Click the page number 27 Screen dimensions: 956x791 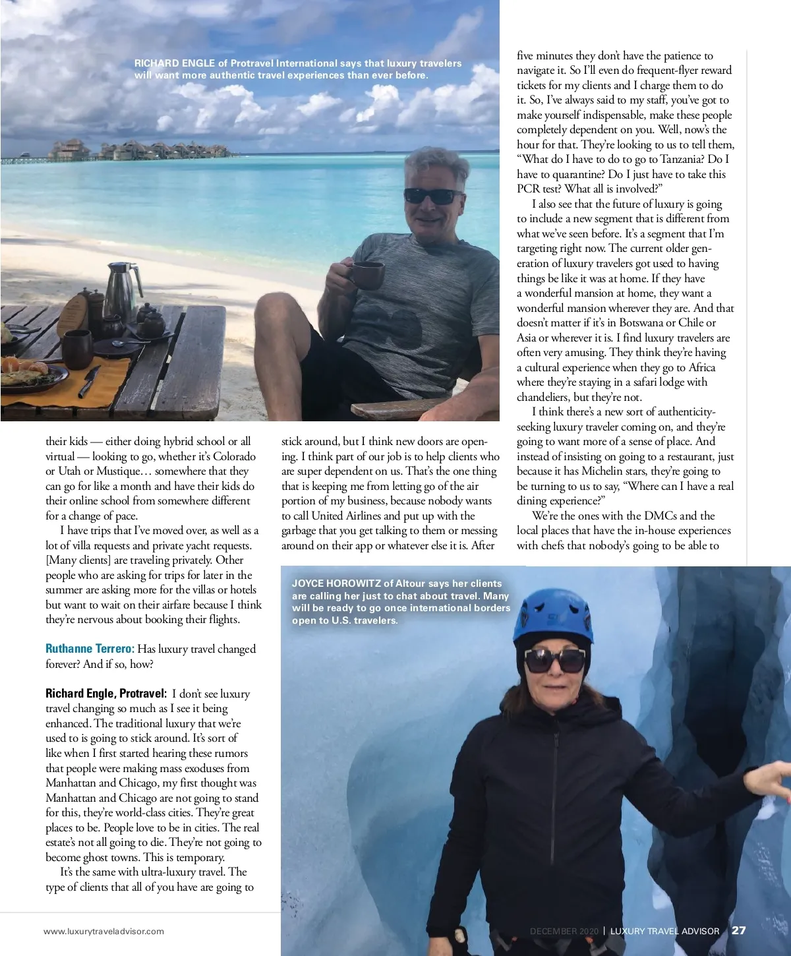coord(739,930)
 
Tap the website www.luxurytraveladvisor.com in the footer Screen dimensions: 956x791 coord(103,932)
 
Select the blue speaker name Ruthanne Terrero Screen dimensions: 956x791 coord(90,649)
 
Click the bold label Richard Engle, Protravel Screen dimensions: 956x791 coord(106,694)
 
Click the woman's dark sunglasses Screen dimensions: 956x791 coord(554,660)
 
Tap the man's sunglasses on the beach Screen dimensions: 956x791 coord(432,196)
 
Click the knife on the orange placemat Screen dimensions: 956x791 coord(90,382)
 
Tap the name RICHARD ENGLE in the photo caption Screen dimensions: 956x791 coord(175,63)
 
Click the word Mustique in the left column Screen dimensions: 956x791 coord(119,471)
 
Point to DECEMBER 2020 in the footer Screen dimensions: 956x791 coord(564,932)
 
